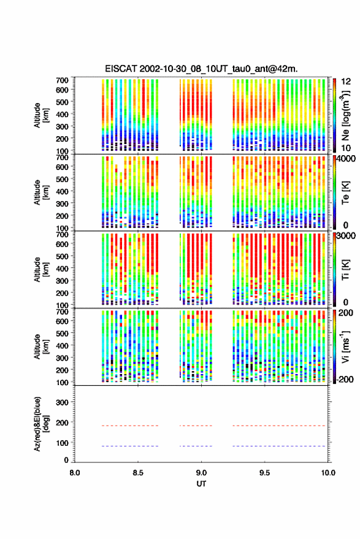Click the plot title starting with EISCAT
point(201,69)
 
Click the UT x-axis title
point(201,484)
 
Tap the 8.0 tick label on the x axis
point(75,473)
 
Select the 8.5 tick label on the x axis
point(138,473)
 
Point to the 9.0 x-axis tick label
point(201,473)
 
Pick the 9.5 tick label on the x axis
point(264,473)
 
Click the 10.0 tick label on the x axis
point(328,473)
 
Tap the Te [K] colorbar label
point(345,193)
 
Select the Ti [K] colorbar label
point(345,270)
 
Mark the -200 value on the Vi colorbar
point(345,380)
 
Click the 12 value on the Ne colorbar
point(346,82)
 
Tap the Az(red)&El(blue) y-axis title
point(40,424)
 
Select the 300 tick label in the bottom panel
point(62,402)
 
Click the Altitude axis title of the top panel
point(40,115)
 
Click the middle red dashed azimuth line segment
point(196,426)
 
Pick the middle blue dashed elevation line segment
point(196,446)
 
